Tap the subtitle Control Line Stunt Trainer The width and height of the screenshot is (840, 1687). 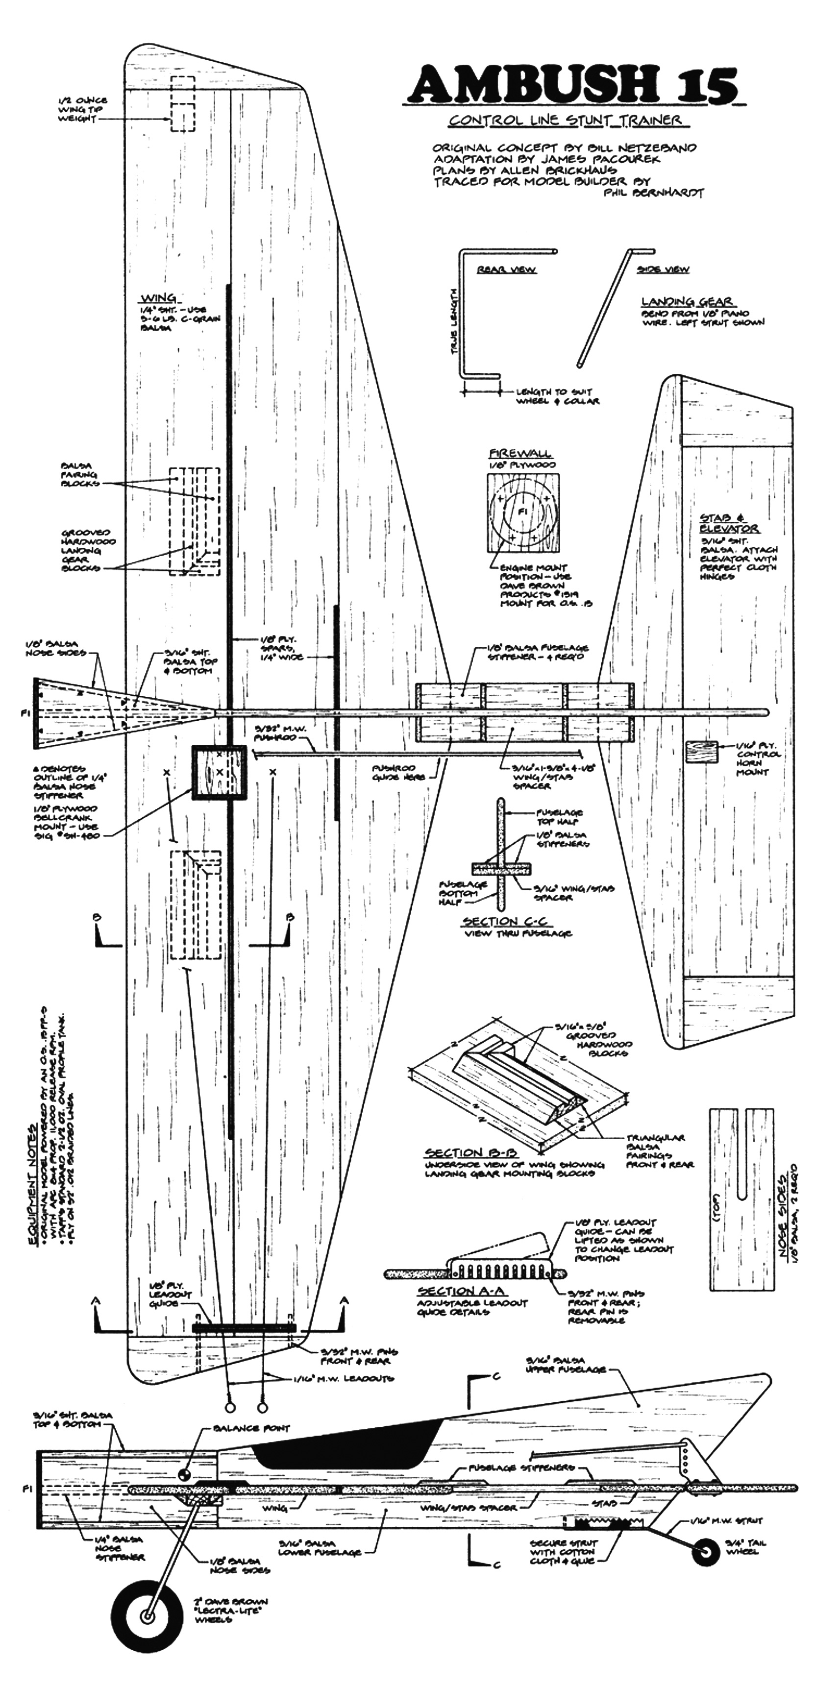(565, 120)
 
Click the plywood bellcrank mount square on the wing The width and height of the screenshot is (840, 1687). (219, 773)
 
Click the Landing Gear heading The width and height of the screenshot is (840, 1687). (688, 302)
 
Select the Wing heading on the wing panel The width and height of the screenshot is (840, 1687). (159, 298)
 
